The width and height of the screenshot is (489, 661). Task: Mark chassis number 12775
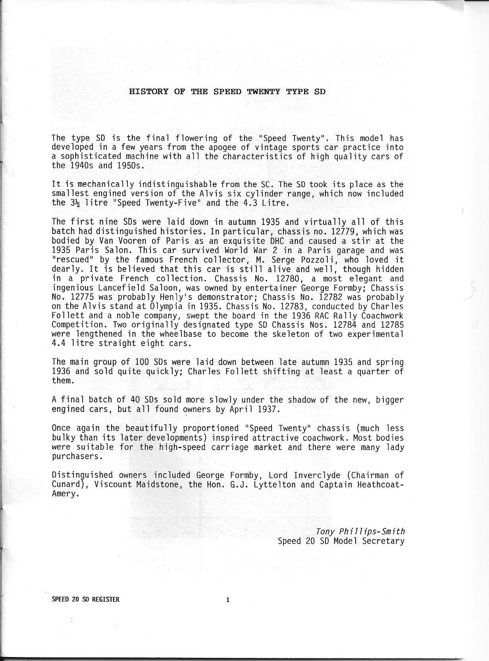click(x=85, y=297)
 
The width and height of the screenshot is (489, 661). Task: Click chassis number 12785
click(x=391, y=325)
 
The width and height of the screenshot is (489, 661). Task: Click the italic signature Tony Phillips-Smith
click(x=360, y=532)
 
